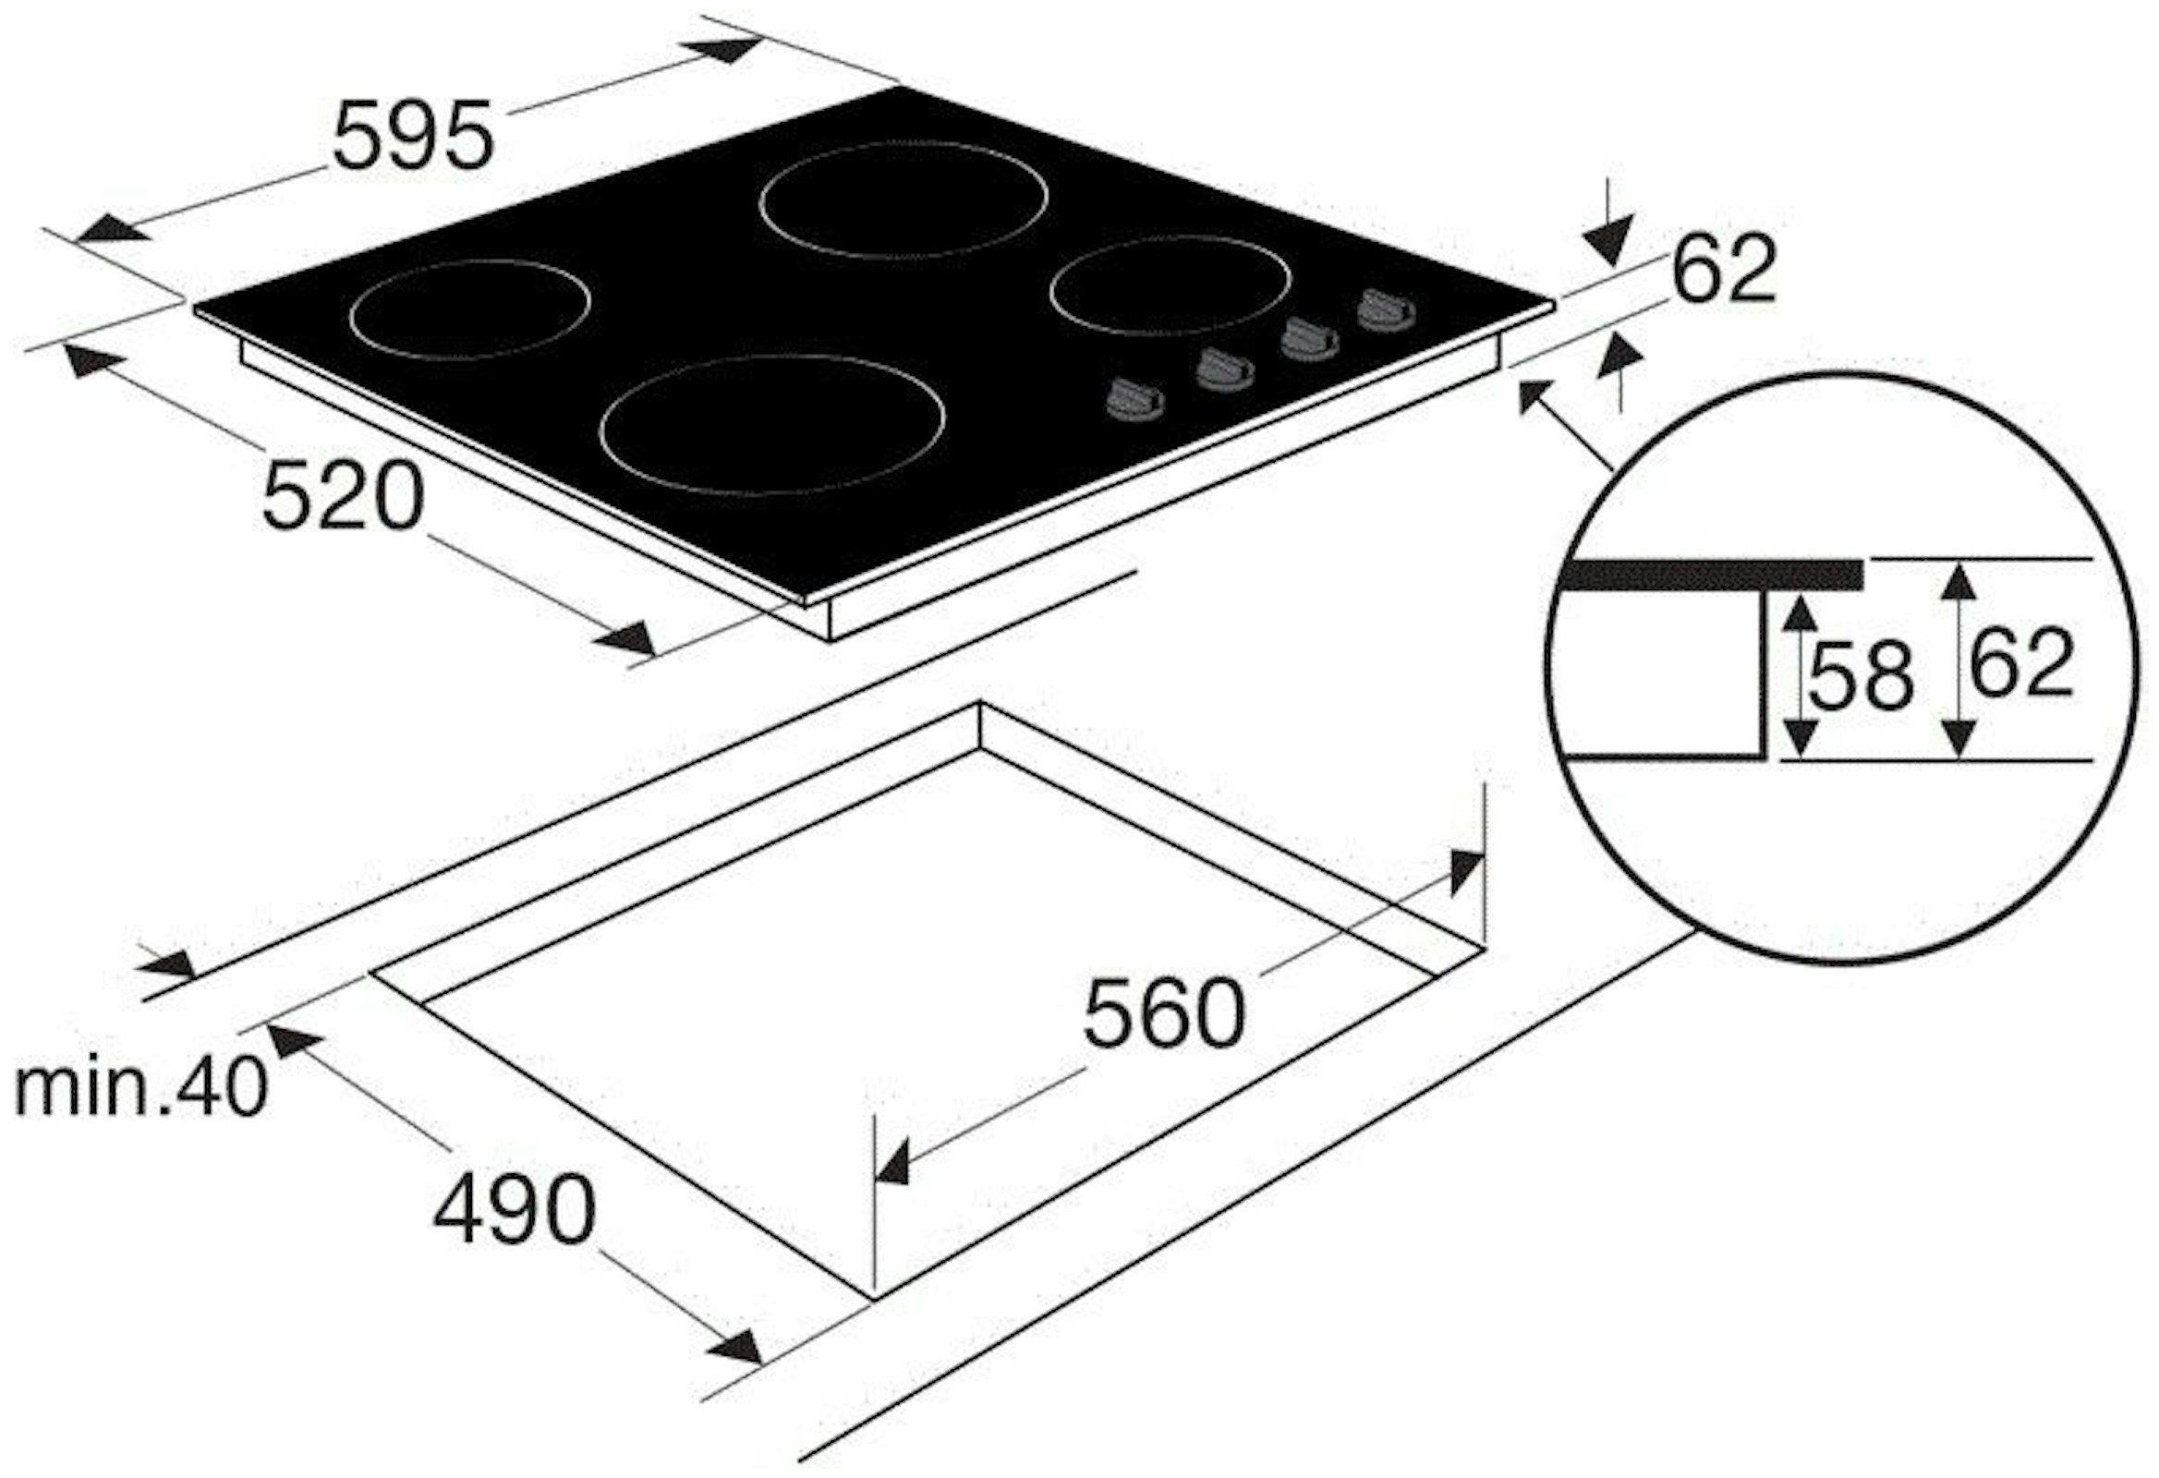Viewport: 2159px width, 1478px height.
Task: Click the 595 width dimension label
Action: tap(412, 136)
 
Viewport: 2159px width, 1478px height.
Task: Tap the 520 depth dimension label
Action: tap(343, 496)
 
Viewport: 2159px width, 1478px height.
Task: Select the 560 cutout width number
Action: tap(1163, 1012)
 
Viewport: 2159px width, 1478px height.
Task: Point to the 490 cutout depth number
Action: tap(514, 1209)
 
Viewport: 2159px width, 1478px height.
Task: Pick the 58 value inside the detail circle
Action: tap(1861, 675)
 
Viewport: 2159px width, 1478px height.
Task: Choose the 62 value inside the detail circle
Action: tap(2021, 663)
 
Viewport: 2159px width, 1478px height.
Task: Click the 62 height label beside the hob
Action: tap(1724, 270)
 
